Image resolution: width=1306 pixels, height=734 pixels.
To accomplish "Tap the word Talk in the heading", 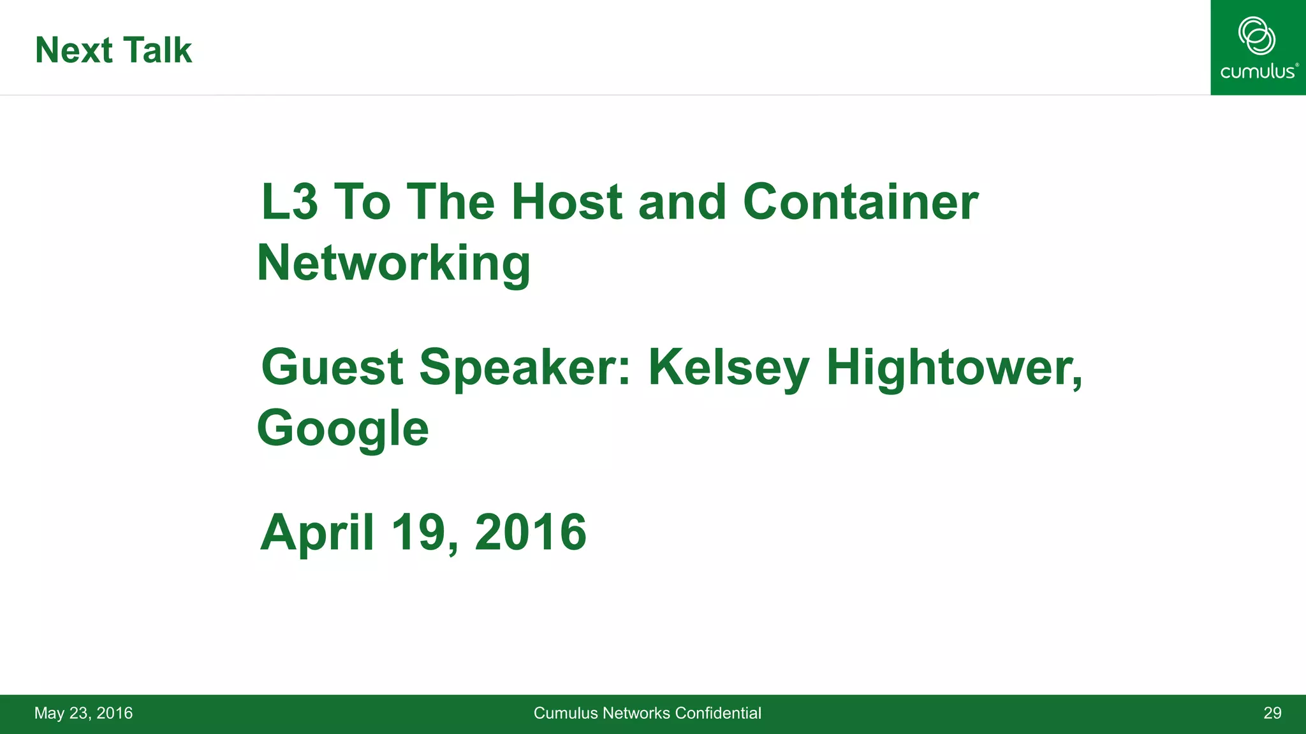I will pyautogui.click(x=158, y=50).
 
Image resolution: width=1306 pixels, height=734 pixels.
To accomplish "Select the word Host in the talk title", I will pyautogui.click(x=566, y=202).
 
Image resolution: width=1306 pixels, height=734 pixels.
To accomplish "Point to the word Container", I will pyautogui.click(x=860, y=202).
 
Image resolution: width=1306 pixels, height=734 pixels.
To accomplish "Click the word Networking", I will pyautogui.click(x=393, y=263).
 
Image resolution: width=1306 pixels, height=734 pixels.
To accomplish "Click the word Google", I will pyautogui.click(x=342, y=429).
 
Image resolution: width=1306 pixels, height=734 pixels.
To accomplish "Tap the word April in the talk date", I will pyautogui.click(x=317, y=533).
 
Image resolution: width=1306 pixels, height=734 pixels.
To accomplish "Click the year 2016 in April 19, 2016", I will pyautogui.click(x=531, y=533).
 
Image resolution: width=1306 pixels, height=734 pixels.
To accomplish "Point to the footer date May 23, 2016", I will pyautogui.click(x=84, y=713).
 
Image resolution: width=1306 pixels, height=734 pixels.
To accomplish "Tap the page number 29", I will pyautogui.click(x=1272, y=713).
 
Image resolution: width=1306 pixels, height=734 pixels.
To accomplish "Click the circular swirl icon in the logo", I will pyautogui.click(x=1257, y=36).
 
